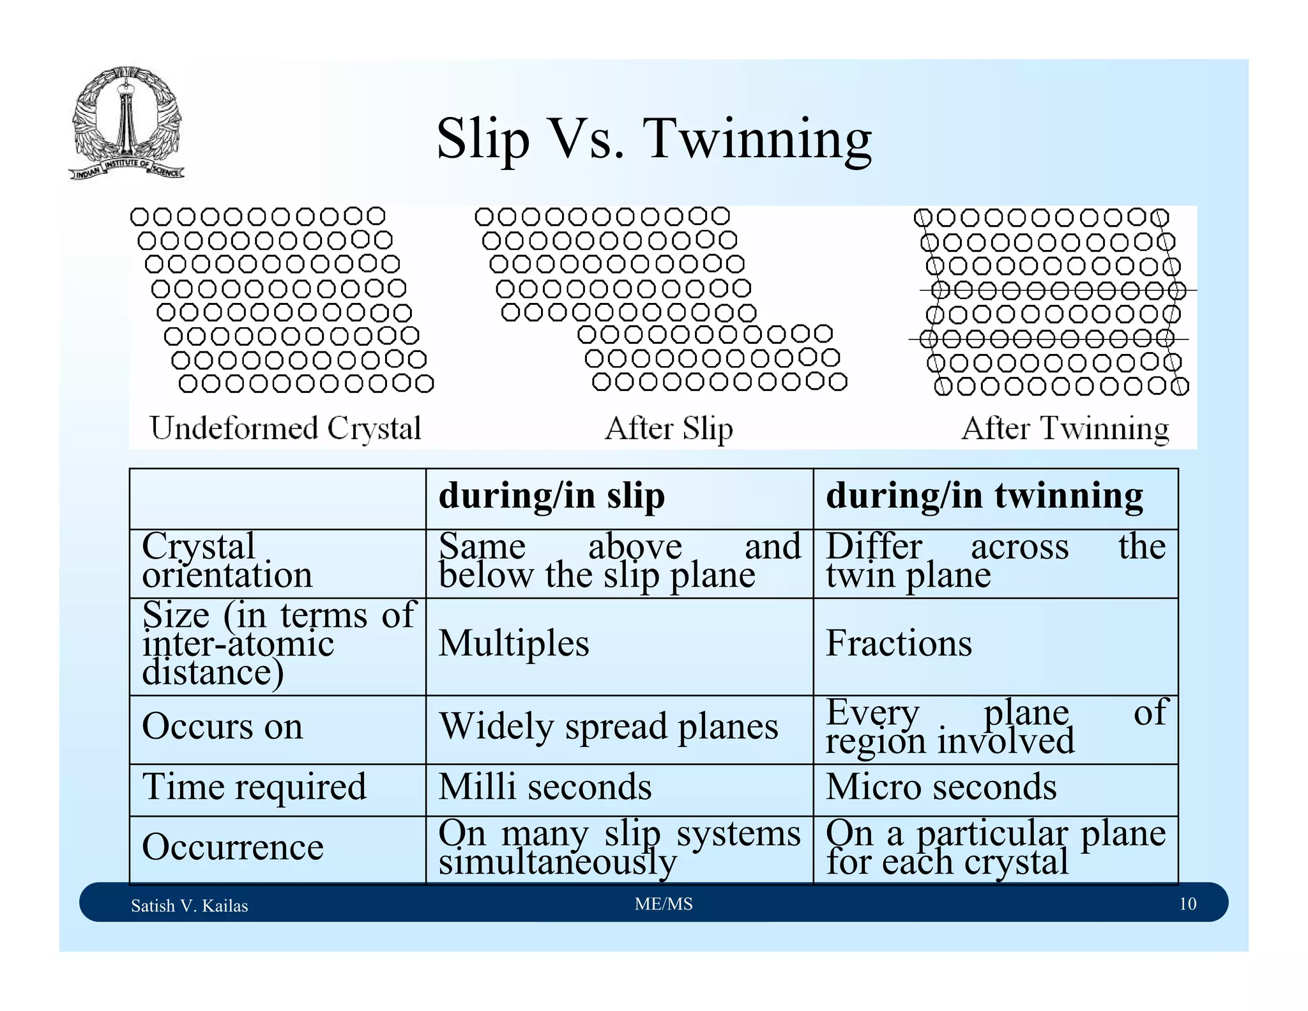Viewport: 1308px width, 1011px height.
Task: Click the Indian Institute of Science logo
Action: pyautogui.click(x=126, y=123)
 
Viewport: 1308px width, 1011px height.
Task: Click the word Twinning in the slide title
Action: pyautogui.click(x=757, y=139)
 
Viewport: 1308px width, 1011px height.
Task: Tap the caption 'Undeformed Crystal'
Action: pyautogui.click(x=285, y=428)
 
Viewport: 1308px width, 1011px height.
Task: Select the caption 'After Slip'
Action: pyautogui.click(x=669, y=428)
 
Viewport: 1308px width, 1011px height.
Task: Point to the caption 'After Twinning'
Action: pyautogui.click(x=1065, y=428)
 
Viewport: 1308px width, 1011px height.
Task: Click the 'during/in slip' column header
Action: pyautogui.click(x=552, y=497)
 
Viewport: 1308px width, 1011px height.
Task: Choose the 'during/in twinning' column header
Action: pyautogui.click(x=984, y=497)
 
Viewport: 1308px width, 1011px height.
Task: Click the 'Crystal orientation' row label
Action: pyautogui.click(x=227, y=560)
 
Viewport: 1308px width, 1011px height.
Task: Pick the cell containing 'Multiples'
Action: pyautogui.click(x=513, y=643)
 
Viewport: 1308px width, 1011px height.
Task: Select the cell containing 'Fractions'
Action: pyautogui.click(x=899, y=643)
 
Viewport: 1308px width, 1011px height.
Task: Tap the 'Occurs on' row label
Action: pyautogui.click(x=222, y=727)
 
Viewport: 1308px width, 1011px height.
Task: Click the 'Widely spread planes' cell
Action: pyautogui.click(x=609, y=727)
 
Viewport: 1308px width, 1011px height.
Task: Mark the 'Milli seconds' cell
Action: pyautogui.click(x=545, y=787)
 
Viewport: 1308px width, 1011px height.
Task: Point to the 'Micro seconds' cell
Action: pyautogui.click(x=941, y=787)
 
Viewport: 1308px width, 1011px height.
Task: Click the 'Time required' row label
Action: pyautogui.click(x=254, y=787)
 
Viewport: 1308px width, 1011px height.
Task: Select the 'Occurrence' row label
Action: pyautogui.click(x=232, y=847)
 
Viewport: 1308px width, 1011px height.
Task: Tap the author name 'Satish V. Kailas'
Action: pyautogui.click(x=189, y=906)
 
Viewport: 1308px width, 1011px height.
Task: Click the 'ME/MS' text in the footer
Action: pyautogui.click(x=664, y=904)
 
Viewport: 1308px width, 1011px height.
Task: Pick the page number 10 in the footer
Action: pyautogui.click(x=1187, y=904)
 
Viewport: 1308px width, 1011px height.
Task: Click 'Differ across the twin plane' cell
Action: pyautogui.click(x=995, y=560)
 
